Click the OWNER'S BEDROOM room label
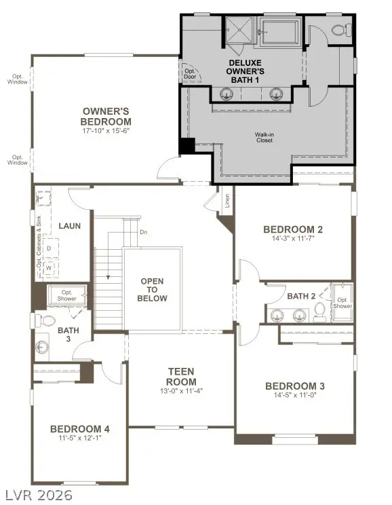[x=106, y=116]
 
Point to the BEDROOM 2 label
[x=293, y=229]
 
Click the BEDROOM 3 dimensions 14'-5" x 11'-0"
[x=294, y=396]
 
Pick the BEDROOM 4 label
[x=80, y=428]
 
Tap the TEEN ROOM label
[x=181, y=376]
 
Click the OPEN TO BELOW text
[x=153, y=290]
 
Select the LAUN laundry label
[x=70, y=225]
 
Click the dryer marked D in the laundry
[x=49, y=248]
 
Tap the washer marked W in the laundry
[x=49, y=267]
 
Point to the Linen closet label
[x=226, y=202]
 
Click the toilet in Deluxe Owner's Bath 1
[x=341, y=29]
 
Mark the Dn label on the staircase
[x=143, y=232]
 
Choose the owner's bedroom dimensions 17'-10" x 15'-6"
[x=106, y=130]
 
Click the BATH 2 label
[x=302, y=296]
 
